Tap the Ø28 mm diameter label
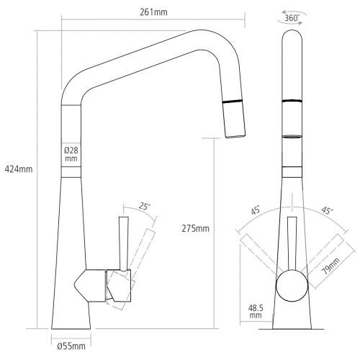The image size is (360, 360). click(x=70, y=153)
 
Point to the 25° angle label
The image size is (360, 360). click(x=145, y=207)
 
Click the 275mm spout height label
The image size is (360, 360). click(x=196, y=228)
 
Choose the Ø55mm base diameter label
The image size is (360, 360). click(x=70, y=347)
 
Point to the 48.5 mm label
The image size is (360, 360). click(x=255, y=310)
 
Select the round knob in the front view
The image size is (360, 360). click(x=292, y=284)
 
